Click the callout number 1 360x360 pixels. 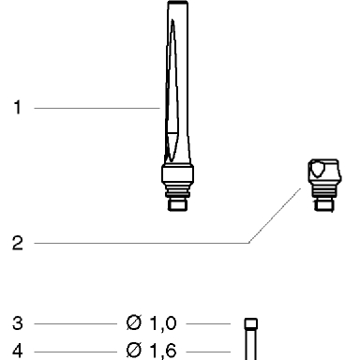pos(18,107)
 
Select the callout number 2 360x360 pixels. pos(18,243)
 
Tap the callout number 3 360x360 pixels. pos(18,323)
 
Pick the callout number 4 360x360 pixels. pos(18,351)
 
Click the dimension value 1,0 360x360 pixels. pos(163,323)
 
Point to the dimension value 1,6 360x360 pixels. pos(163,351)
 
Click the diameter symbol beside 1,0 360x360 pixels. pos(134,322)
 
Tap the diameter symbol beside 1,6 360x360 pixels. pos(134,350)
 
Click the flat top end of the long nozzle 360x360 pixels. pos(178,3)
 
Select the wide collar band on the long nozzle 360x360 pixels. pos(177,173)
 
